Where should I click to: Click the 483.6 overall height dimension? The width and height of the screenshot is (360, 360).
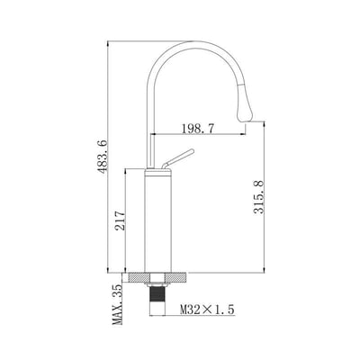point(103,157)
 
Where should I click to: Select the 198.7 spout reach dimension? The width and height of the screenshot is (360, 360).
point(198,129)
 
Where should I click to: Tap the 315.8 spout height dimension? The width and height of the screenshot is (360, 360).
point(258,197)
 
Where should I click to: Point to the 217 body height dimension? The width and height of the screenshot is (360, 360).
point(120,220)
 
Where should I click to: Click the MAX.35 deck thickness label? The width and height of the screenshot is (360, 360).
point(117,304)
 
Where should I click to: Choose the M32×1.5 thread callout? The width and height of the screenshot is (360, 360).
point(207,310)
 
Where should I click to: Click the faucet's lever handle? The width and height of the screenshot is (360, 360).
point(178,158)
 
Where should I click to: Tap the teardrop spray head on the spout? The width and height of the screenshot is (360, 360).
point(245,103)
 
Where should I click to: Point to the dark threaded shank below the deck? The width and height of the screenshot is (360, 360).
point(157,293)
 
